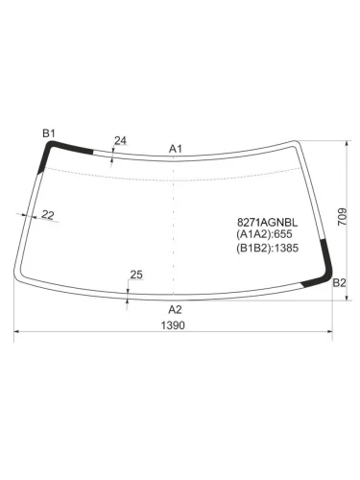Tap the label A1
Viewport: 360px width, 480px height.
tap(176, 149)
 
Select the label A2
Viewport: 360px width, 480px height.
tap(175, 309)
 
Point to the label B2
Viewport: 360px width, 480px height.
tap(338, 283)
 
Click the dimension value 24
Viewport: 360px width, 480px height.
tap(120, 141)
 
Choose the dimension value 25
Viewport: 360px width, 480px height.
tap(135, 276)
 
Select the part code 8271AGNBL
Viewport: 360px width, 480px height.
tap(266, 221)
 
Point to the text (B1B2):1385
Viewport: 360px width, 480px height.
tap(269, 247)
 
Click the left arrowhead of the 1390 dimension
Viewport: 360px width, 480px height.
tap(16, 334)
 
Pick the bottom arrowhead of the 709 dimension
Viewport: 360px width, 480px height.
tap(345, 299)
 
